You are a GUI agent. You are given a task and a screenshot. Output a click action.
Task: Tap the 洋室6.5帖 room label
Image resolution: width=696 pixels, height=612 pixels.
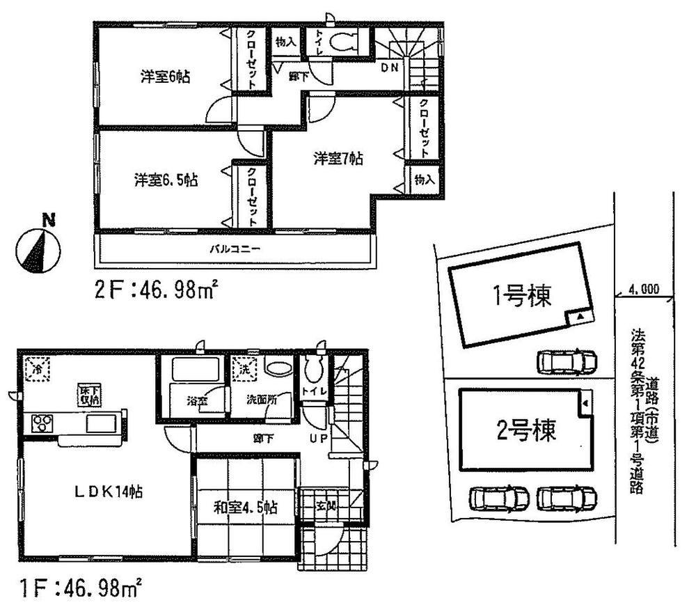pos(166,180)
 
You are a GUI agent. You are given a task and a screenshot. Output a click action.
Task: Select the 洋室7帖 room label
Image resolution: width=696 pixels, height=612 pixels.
pos(337,159)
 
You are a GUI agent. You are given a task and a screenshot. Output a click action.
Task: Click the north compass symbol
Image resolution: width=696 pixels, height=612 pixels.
pos(39,249)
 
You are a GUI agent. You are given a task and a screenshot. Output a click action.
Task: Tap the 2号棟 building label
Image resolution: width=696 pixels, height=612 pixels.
pos(526,432)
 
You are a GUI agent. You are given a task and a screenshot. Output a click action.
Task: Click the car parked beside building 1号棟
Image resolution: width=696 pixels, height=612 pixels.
pos(567,361)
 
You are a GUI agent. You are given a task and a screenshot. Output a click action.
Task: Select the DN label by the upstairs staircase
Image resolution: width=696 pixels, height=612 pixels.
pos(390,67)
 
